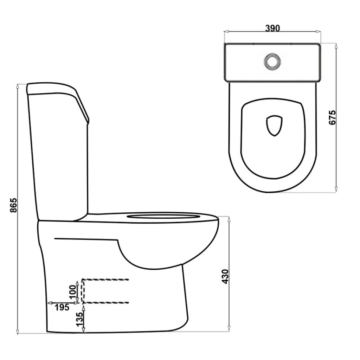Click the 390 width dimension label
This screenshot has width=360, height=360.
click(272, 28)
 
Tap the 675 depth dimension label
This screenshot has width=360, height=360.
click(332, 117)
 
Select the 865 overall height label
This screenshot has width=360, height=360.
click(14, 205)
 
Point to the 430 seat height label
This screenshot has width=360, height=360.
click(226, 276)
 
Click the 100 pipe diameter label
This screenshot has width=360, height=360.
click(73, 291)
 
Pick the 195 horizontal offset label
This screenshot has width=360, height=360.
click(62, 307)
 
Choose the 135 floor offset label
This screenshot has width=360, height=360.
click(79, 319)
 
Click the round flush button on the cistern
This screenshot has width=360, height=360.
click(272, 61)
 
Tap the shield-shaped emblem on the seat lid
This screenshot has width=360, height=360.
click(274, 126)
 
